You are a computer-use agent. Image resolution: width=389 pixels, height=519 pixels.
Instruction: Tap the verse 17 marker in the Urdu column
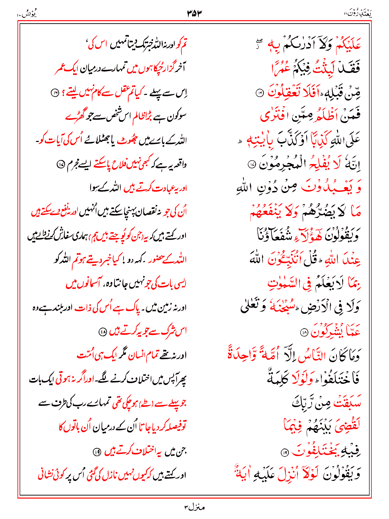pyautogui.click(x=60, y=165)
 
